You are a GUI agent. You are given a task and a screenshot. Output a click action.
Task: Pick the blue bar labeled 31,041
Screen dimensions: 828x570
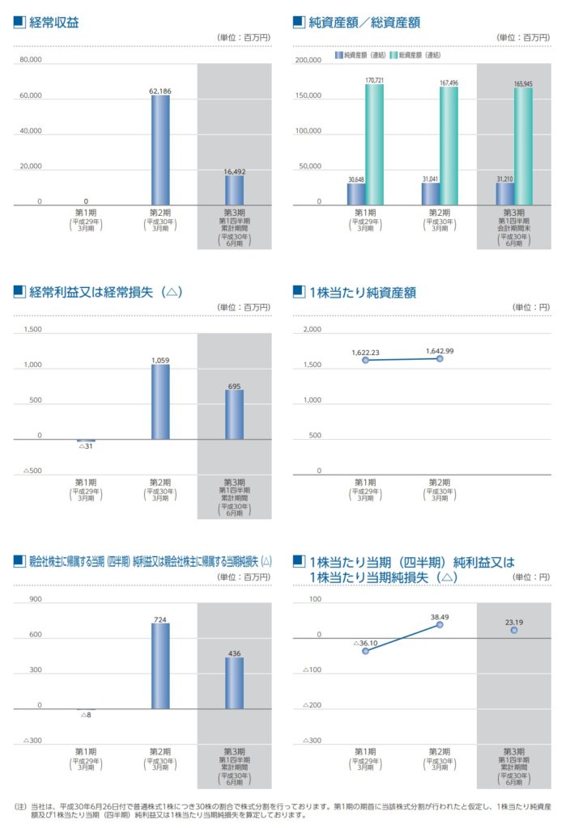430,193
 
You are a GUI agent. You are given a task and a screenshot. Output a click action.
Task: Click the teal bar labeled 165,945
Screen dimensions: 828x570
523,146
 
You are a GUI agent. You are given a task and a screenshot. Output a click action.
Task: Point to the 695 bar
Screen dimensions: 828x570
234,415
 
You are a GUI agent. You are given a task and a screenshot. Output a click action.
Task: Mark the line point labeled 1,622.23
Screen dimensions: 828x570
365,360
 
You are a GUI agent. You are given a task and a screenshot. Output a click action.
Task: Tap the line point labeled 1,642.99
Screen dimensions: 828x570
439,357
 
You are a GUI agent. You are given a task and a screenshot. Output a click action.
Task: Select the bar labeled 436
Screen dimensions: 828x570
234,683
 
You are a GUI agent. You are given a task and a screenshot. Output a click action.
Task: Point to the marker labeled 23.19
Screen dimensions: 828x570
513,629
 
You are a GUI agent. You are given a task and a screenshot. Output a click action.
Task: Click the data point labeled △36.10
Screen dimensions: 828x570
365,651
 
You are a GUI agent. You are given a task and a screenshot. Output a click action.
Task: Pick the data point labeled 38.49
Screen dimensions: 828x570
440,624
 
